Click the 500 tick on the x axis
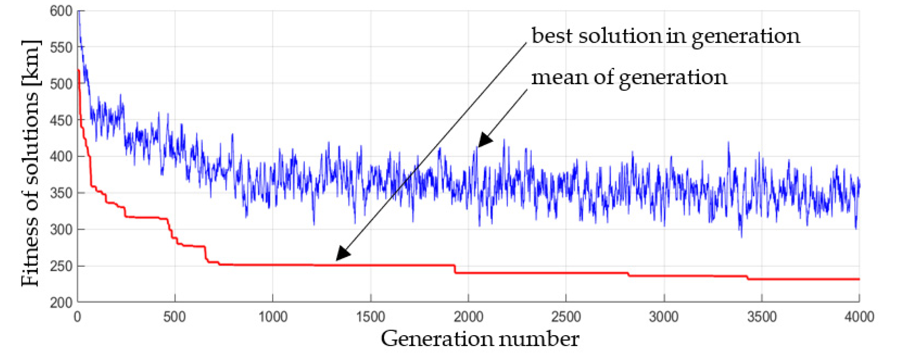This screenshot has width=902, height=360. tap(174, 317)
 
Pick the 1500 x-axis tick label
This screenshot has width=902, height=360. tap(370, 317)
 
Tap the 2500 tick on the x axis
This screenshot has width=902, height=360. tap(566, 317)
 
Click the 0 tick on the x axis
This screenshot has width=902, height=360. tap(77, 317)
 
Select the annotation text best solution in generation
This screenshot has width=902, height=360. tap(665, 36)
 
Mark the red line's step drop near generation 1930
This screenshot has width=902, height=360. tap(455, 269)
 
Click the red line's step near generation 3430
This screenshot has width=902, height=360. tap(747, 278)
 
